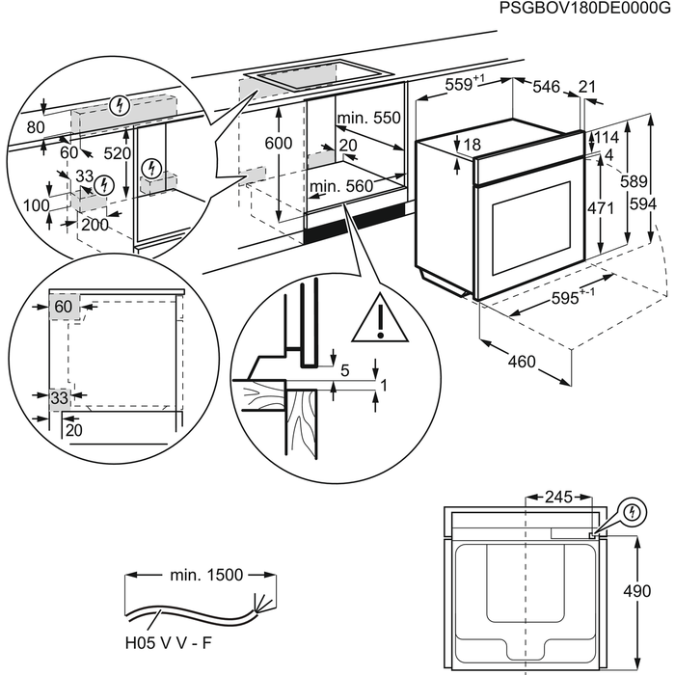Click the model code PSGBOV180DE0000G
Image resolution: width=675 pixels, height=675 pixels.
[584, 8]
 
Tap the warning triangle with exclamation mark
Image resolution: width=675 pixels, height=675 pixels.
[380, 318]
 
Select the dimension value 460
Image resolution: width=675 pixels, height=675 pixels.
[522, 362]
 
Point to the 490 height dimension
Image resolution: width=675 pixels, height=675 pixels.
[637, 591]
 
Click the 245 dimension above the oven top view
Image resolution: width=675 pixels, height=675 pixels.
[558, 498]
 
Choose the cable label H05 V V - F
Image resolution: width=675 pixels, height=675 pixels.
[169, 643]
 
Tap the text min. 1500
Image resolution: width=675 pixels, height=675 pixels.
[206, 575]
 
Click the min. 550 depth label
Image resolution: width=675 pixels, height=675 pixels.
[369, 118]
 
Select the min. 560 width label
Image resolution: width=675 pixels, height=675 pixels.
[341, 186]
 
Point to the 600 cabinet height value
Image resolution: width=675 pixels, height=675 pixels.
[279, 143]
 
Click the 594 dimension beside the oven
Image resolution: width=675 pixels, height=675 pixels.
[643, 203]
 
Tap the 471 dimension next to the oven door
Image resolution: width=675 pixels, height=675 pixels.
[601, 208]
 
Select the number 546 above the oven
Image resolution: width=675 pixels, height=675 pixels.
[547, 87]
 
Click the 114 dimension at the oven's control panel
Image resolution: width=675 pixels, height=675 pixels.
[607, 137]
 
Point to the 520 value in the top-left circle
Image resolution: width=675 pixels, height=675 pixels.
[117, 152]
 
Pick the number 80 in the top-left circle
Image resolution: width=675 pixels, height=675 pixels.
[36, 127]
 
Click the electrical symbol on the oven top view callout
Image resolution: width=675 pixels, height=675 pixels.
[633, 512]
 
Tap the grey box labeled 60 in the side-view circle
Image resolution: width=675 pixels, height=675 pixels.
[65, 307]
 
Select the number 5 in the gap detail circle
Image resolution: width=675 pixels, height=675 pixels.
[345, 370]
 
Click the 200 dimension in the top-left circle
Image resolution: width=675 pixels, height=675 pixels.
[94, 225]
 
